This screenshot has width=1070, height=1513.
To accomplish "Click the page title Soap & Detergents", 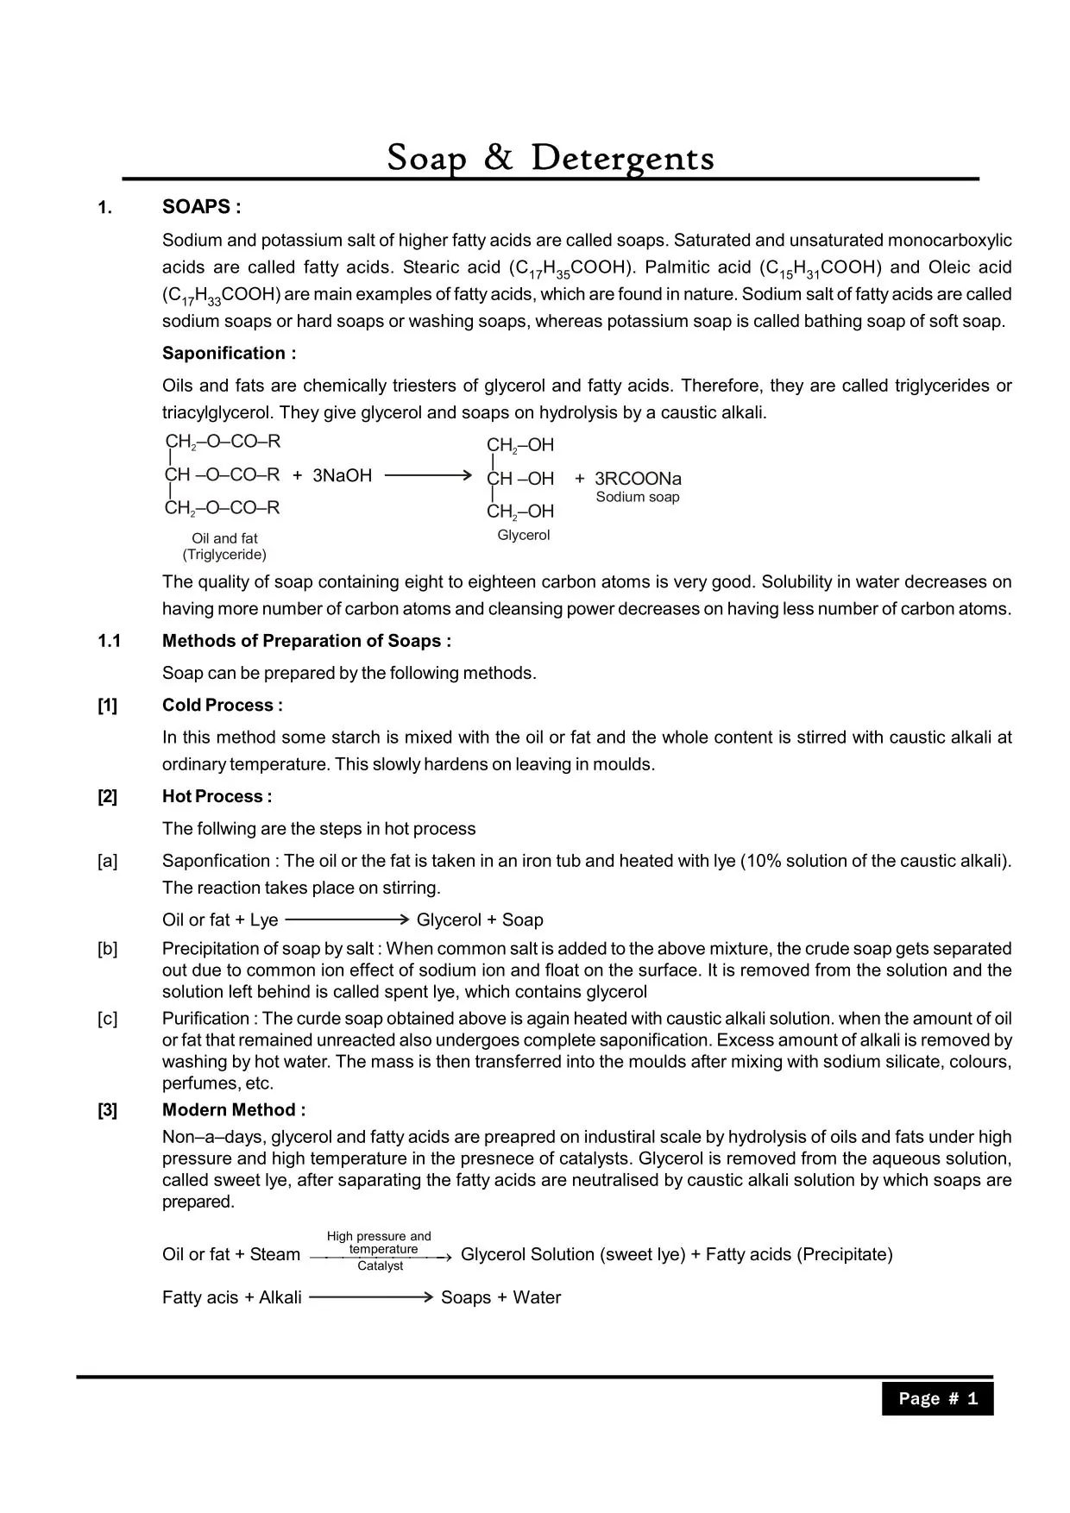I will point(551,158).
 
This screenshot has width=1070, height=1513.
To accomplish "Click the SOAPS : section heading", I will point(201,207).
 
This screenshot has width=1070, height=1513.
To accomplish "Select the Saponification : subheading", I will point(229,353).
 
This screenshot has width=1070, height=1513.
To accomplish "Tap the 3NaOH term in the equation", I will point(342,475).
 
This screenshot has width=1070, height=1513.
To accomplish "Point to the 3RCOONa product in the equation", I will point(638,479).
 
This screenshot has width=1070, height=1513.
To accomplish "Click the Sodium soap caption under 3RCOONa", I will point(638,497).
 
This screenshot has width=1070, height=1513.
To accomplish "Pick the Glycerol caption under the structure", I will point(523,535).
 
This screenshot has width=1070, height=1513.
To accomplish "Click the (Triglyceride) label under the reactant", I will point(224,555).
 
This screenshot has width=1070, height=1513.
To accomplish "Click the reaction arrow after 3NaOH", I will point(428,475).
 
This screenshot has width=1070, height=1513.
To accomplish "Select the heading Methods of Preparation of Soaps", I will point(306,641).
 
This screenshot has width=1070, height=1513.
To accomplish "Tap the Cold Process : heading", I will point(222,705).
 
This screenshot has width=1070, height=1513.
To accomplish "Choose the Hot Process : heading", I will point(217,796).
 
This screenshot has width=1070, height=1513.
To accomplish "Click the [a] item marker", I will point(107,861).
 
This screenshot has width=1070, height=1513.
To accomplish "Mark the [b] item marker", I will point(107,949).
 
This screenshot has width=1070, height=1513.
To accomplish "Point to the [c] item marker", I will point(107,1019).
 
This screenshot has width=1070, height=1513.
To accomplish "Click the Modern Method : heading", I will point(233,1110).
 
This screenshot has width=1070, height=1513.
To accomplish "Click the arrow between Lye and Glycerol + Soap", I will point(346,920).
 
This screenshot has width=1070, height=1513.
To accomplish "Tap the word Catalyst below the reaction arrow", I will point(380,1266).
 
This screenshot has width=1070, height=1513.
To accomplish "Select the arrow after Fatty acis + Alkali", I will point(370,1297).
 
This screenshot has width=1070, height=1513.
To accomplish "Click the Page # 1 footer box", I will point(937,1398).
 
